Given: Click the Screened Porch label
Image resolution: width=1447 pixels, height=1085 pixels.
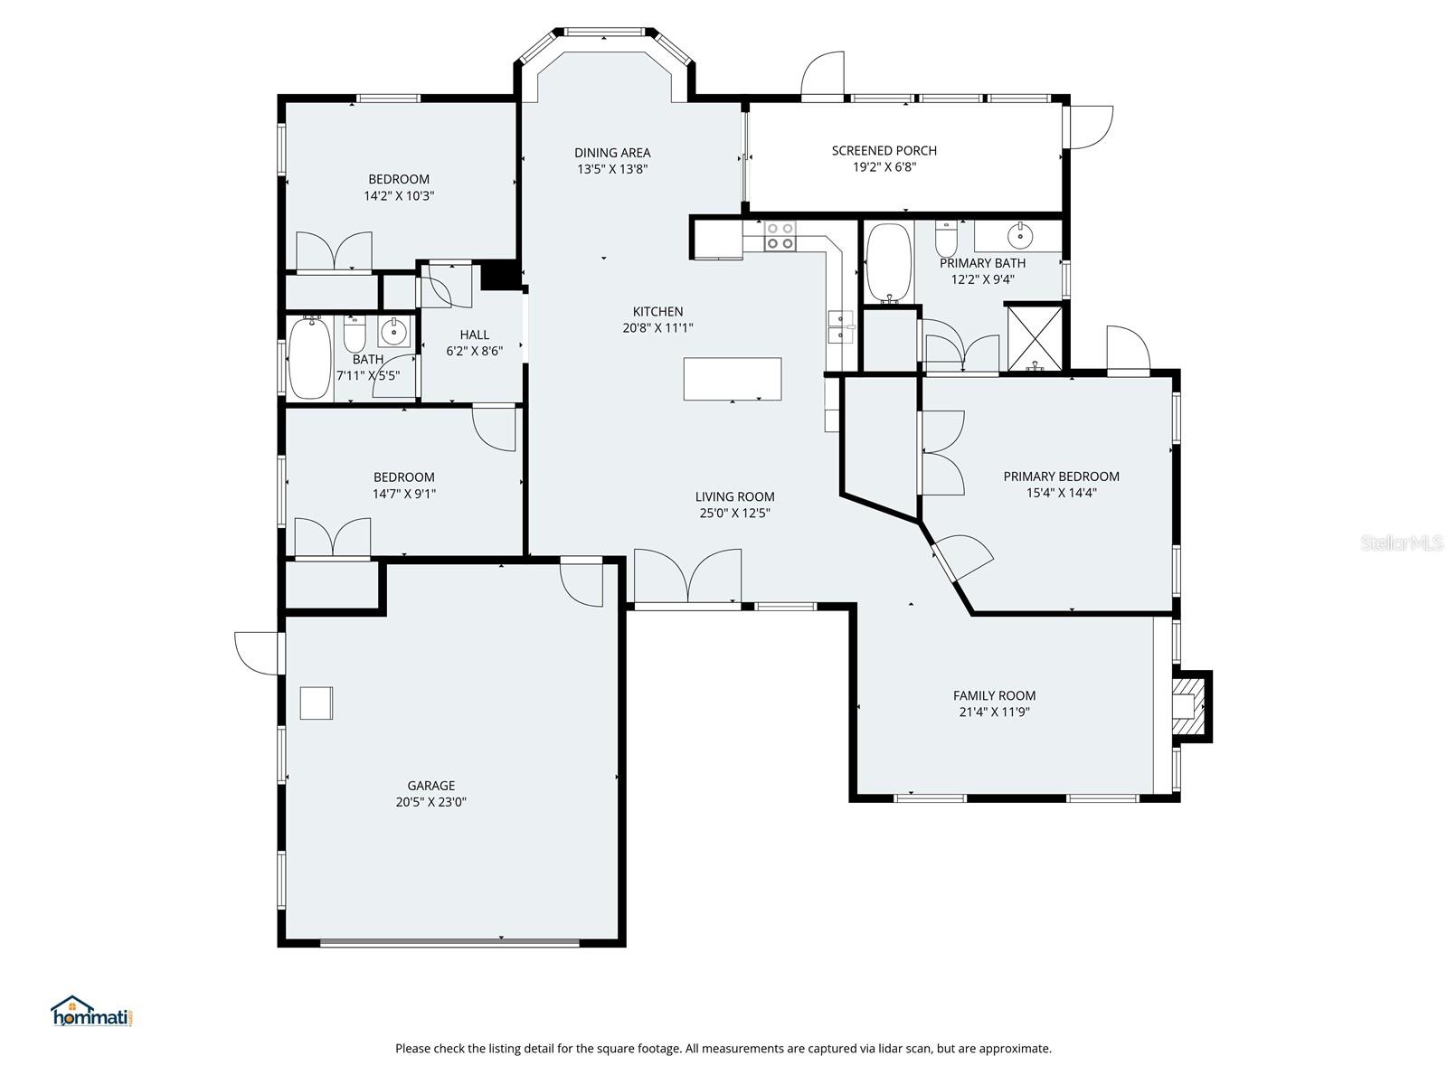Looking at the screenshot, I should click(884, 150).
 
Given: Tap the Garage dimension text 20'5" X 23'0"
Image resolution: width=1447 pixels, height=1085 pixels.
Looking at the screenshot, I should click(430, 802).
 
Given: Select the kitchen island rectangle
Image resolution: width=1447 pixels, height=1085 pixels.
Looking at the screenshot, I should click(733, 379).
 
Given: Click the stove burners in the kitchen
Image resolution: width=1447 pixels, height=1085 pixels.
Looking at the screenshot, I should click(780, 236).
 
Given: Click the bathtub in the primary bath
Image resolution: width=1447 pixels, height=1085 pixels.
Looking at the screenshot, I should click(889, 263).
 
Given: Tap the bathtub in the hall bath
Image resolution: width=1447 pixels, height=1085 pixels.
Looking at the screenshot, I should click(309, 358).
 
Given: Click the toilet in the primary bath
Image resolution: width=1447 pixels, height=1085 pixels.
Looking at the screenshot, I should click(946, 241).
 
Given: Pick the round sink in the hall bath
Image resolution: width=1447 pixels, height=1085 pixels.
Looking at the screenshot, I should click(393, 333).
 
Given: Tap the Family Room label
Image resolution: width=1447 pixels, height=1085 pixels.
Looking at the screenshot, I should click(994, 695).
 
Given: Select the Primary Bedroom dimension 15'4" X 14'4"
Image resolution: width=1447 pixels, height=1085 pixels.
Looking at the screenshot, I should click(1061, 493).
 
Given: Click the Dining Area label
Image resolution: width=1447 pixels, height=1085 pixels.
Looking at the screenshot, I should click(612, 153).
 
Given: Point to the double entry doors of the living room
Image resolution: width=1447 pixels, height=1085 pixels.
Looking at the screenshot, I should click(687, 577).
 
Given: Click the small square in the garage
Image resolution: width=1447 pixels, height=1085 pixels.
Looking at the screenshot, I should click(317, 703).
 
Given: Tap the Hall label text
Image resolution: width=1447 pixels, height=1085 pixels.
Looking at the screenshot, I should click(474, 335).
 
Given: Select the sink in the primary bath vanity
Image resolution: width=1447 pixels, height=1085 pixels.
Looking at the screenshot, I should click(1020, 235).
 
